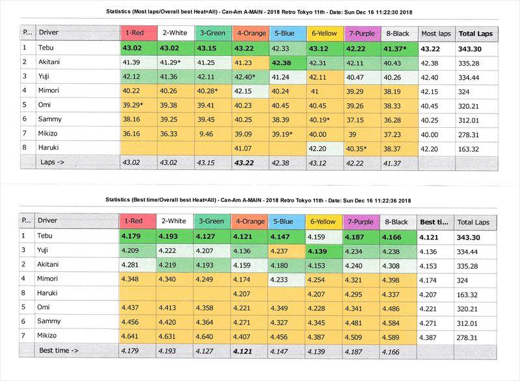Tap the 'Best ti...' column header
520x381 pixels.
[434, 221]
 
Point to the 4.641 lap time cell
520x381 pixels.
[131, 338]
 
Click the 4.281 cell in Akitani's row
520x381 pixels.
[131, 265]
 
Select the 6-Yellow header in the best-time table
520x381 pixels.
[323, 221]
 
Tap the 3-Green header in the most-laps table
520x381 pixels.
[212, 32]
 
